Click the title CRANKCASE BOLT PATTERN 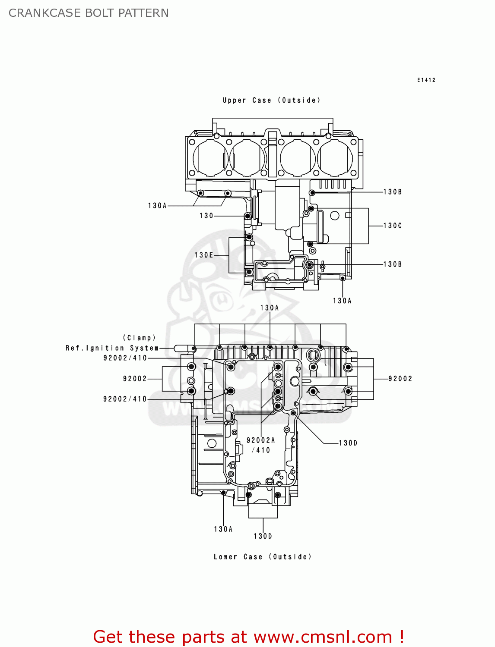(x=89, y=13)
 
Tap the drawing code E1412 (x=426, y=80)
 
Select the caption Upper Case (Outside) (x=271, y=100)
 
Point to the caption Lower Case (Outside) (x=262, y=556)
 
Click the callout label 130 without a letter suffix (x=206, y=216)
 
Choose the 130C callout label (x=392, y=226)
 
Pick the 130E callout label (x=204, y=255)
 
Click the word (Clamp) (x=139, y=338)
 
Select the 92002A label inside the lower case (x=260, y=440)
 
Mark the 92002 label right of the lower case (x=400, y=379)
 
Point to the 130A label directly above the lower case (x=270, y=308)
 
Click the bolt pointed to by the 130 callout (x=247, y=216)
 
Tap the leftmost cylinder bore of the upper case (x=210, y=158)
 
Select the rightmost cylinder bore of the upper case (x=335, y=158)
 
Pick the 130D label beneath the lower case (x=263, y=536)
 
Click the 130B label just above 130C (x=392, y=192)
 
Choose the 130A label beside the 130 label (x=157, y=206)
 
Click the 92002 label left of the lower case (x=135, y=379)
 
